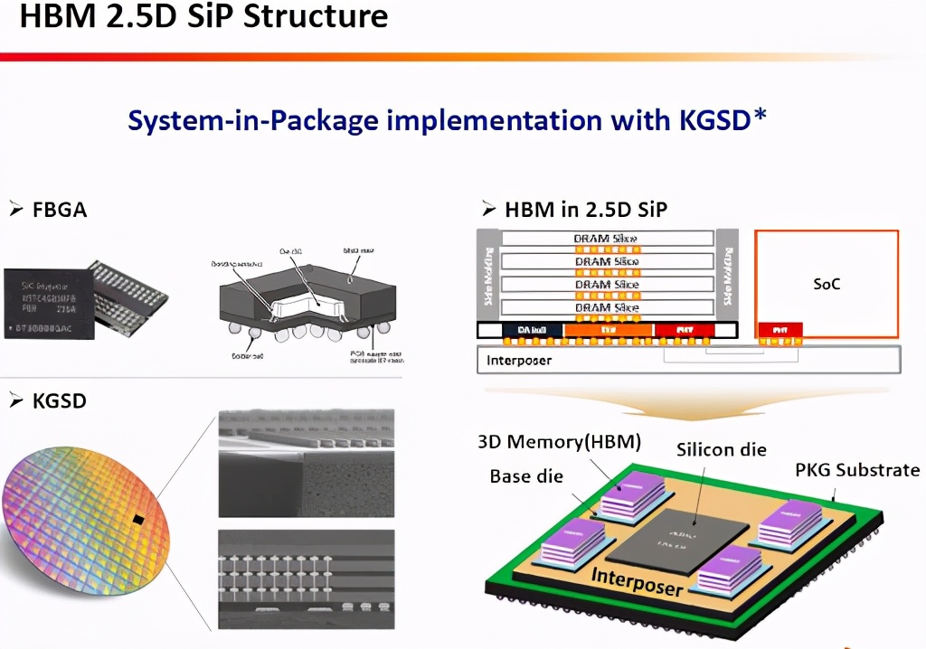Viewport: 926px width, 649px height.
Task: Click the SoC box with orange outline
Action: (826, 283)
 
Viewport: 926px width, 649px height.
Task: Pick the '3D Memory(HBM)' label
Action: (560, 442)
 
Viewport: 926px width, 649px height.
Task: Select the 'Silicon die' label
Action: (722, 449)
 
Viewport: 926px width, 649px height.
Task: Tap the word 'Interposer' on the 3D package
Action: (637, 580)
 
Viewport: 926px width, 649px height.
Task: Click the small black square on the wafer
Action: (138, 519)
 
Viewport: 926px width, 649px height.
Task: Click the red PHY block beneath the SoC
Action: (780, 330)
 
